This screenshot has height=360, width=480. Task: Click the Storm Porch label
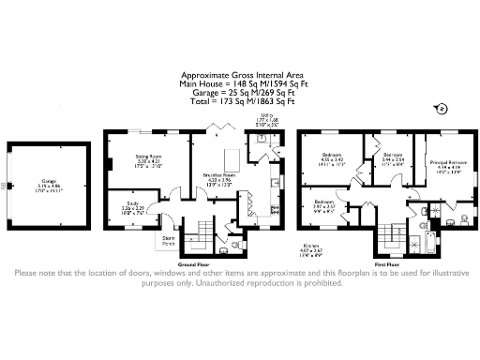pyautogui.click(x=169, y=240)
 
